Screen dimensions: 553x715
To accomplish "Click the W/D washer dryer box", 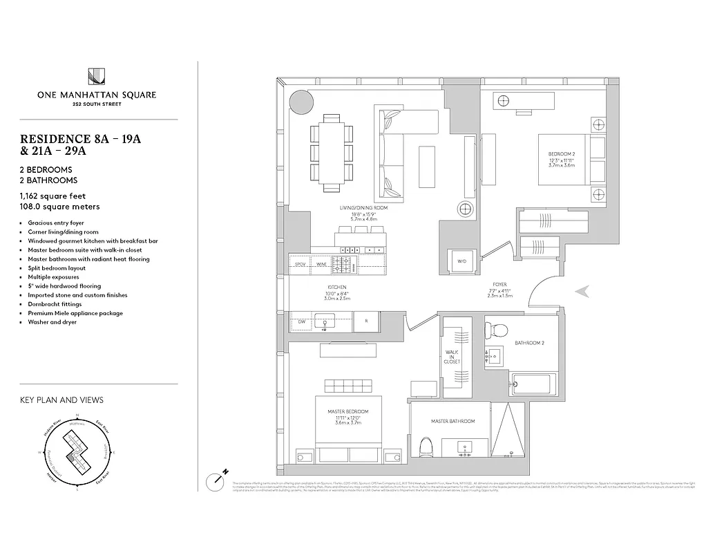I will (x=461, y=261).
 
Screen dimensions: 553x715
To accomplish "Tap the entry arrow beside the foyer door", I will (x=584, y=292).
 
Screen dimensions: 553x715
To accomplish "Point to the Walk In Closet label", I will (x=452, y=357).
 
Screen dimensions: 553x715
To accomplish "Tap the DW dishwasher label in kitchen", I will (x=301, y=321).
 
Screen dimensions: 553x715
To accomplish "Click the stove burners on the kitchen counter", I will (x=343, y=263).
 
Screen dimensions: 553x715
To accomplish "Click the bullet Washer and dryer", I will (x=53, y=322).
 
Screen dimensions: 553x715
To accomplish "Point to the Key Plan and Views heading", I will (x=62, y=400).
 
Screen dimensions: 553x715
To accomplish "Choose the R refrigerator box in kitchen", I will (x=365, y=321).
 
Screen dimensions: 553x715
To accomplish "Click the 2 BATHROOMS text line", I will (x=49, y=180).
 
